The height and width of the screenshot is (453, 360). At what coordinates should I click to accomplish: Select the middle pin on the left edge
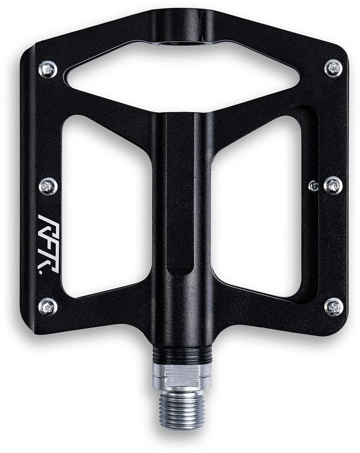click(x=47, y=185)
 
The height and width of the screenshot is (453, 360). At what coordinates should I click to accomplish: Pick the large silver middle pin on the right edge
click(x=333, y=184)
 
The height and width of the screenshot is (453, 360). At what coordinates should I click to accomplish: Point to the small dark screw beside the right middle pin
click(x=313, y=184)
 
